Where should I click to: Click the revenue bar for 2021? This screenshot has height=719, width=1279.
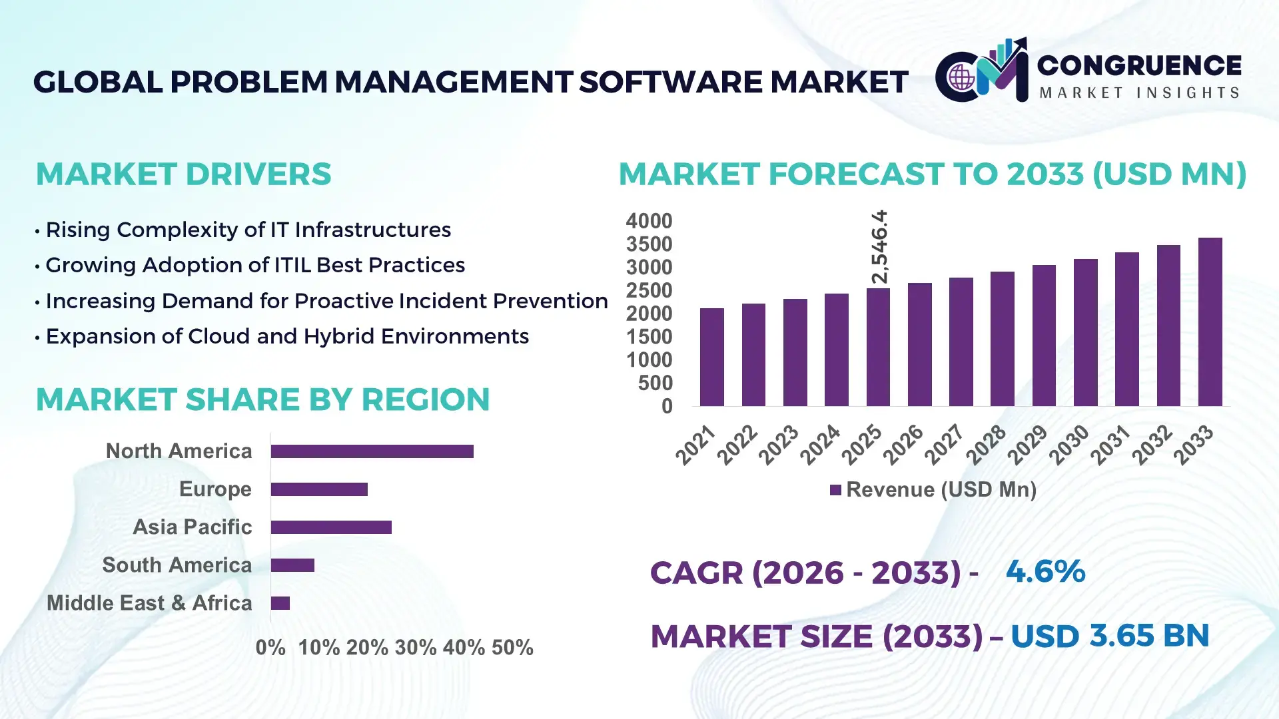tap(711, 358)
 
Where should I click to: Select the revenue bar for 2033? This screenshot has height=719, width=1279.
tap(1210, 322)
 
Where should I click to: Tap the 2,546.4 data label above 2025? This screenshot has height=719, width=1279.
tap(879, 247)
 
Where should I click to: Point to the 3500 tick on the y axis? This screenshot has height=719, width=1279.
tap(649, 244)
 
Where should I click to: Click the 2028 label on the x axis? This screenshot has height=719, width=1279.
tap(986, 445)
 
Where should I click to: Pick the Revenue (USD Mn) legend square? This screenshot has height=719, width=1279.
tap(835, 491)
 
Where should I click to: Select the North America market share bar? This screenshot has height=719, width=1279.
tap(372, 451)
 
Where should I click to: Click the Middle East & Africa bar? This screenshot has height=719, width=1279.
tap(280, 603)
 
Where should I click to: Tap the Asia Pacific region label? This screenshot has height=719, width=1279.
tap(192, 527)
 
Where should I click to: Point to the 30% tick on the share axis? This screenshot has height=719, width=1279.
tap(416, 648)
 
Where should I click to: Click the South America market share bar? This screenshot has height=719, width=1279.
tap(292, 565)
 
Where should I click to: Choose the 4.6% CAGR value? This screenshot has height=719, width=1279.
tap(1045, 572)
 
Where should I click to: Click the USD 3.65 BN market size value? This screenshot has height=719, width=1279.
tap(1109, 636)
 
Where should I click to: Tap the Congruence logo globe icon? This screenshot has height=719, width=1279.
tap(961, 77)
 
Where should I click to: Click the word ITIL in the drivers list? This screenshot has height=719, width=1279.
tap(292, 265)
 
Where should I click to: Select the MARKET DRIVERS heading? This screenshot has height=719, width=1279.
tap(183, 174)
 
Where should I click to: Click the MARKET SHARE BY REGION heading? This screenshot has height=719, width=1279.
tap(262, 399)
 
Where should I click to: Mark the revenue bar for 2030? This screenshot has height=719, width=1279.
tap(1085, 333)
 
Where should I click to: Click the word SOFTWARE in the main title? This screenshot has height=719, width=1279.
tap(670, 82)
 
